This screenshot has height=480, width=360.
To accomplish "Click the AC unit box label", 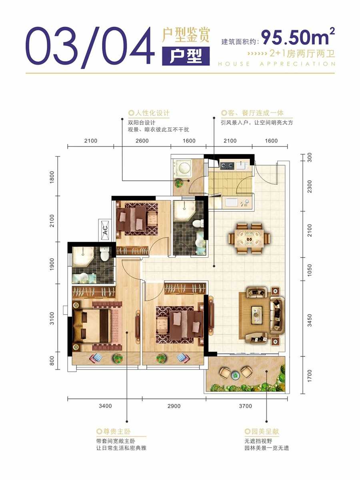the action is (x=105, y=230).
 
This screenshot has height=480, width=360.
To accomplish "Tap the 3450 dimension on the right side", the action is (x=310, y=320).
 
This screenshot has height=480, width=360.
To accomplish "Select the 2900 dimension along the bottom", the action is (x=174, y=406).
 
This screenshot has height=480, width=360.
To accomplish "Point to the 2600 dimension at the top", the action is (x=142, y=141).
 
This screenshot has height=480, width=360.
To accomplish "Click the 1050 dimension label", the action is (x=310, y=270).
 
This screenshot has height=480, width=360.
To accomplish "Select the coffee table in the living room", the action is (x=256, y=314).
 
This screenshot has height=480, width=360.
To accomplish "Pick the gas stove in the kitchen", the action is (x=227, y=166).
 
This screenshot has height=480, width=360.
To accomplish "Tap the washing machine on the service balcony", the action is (x=185, y=168).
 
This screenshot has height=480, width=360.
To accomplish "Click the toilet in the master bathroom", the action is (x=104, y=254).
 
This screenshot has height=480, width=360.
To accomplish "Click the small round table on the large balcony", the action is (x=236, y=375).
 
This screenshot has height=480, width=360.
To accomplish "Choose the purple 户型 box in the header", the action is (x=186, y=56).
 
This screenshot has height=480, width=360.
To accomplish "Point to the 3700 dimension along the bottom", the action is (x=246, y=406).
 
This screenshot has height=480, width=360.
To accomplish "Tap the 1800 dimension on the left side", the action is (x=52, y=177).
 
